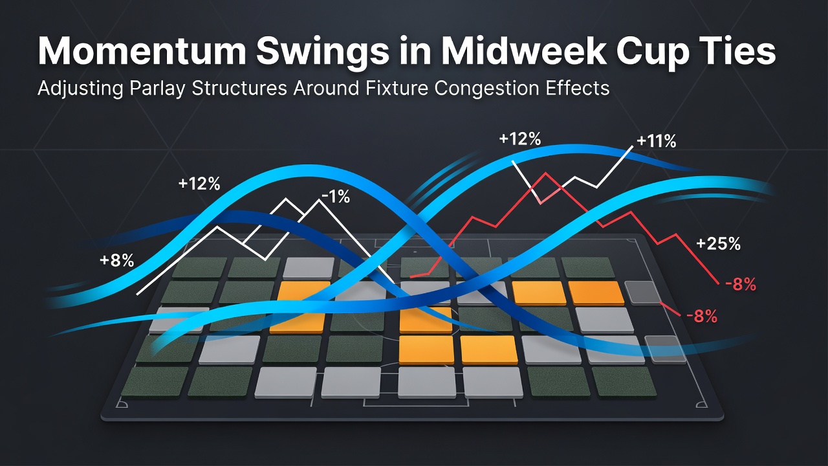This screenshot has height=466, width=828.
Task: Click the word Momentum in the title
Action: coord(142,51)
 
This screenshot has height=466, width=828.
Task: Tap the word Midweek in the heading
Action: coord(523,51)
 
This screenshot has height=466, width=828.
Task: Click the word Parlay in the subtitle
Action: coord(157,89)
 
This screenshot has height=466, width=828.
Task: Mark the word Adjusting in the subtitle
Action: coord(80,89)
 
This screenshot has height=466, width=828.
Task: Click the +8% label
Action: coord(117,261)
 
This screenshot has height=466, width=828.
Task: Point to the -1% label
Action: coord(336,197)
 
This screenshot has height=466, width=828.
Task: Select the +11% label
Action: coord(657,141)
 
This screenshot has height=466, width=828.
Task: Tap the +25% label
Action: coord(718,244)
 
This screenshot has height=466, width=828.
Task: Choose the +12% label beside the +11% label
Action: coord(520,139)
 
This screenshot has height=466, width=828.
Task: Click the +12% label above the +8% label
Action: coord(199,184)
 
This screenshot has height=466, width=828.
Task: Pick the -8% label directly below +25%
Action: coord(741,285)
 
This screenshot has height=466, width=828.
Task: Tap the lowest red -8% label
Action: coord(702,316)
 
